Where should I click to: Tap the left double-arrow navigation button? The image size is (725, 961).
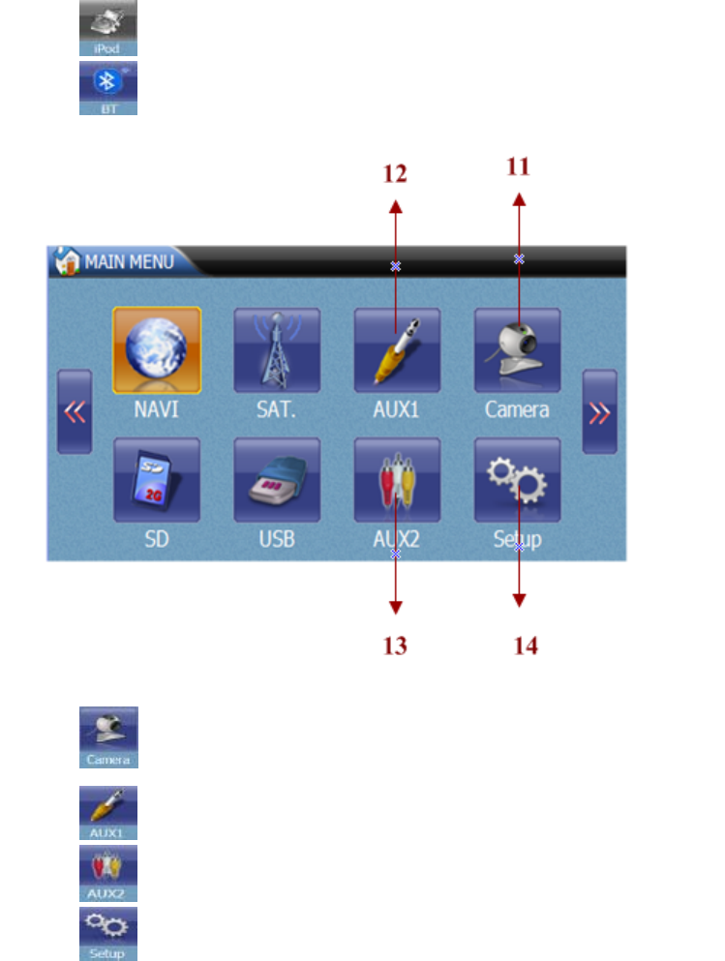click(x=75, y=411)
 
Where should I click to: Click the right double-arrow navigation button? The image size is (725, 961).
click(x=599, y=411)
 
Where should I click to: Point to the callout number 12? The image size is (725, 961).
click(x=395, y=174)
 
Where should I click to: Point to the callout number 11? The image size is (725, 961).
click(x=519, y=166)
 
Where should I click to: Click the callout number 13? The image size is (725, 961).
click(x=395, y=645)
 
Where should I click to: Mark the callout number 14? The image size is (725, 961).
click(x=526, y=645)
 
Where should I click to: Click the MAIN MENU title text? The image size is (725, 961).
click(x=129, y=261)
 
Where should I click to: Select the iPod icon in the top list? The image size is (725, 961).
click(x=108, y=27)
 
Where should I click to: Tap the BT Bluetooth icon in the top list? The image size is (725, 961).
click(x=108, y=88)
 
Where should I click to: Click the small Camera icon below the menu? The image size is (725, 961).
click(x=108, y=737)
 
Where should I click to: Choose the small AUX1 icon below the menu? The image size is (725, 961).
click(x=108, y=812)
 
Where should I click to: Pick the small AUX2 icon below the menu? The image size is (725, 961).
click(x=108, y=873)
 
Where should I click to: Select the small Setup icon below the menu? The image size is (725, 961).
click(x=108, y=933)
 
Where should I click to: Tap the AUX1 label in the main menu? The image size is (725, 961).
click(x=397, y=409)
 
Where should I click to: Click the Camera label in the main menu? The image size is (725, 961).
click(x=517, y=409)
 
